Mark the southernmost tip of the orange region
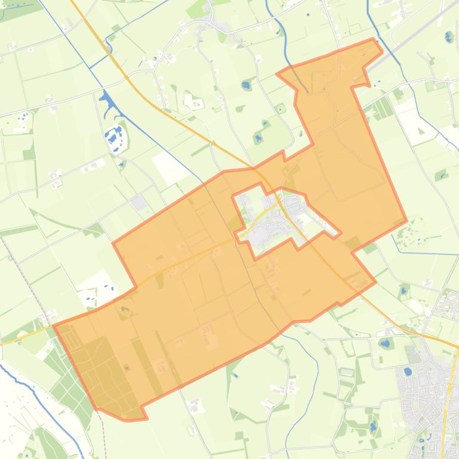(x=128, y=420)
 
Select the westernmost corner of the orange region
(x=54, y=325)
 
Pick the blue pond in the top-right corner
(x=449, y=38)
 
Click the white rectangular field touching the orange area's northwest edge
(x=170, y=150)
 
